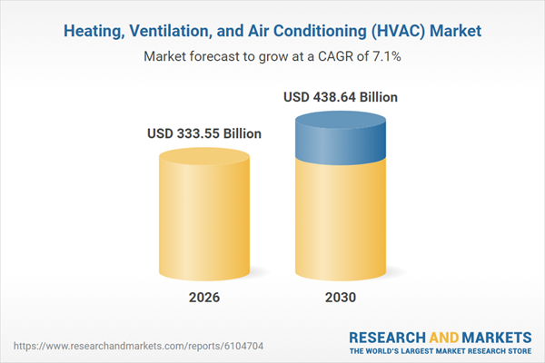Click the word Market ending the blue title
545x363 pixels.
point(456,31)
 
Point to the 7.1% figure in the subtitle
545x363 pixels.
point(387,56)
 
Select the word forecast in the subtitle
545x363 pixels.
point(214,56)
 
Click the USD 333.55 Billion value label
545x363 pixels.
point(204,133)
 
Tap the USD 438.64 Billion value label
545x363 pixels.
point(341,97)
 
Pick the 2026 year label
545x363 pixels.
point(204,298)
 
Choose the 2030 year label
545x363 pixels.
point(341,298)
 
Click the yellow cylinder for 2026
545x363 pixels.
point(204,214)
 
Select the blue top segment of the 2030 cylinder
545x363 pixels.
point(341,138)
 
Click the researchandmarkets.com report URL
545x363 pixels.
point(138,346)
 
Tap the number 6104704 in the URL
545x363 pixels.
point(243,346)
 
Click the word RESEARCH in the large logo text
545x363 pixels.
point(387,338)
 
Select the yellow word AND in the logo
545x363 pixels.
point(444,338)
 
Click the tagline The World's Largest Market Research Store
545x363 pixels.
point(441,351)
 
